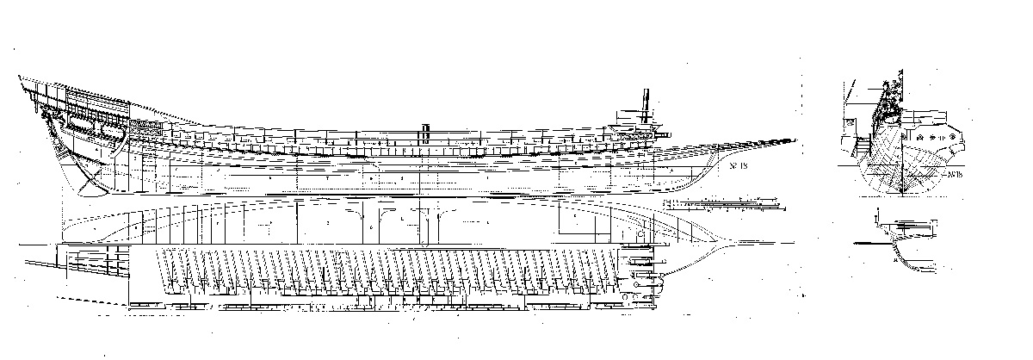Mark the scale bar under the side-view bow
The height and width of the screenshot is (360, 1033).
tap(727, 206)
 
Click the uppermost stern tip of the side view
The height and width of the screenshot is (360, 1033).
tap(20, 78)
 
